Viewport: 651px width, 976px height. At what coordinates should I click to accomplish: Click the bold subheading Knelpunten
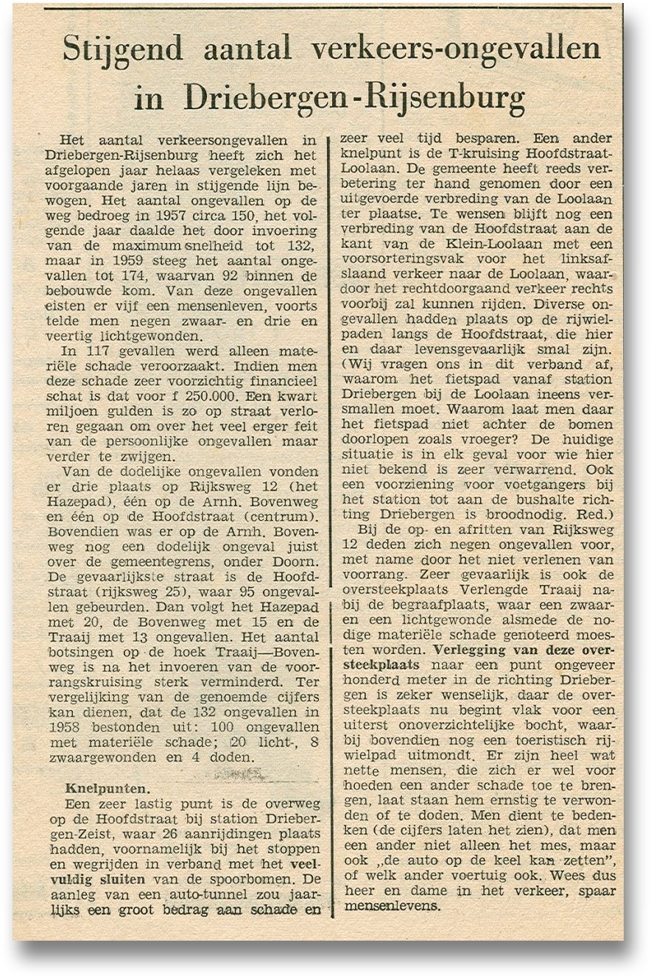click(x=96, y=786)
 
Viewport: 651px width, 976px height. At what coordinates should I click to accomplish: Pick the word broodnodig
click(x=512, y=512)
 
